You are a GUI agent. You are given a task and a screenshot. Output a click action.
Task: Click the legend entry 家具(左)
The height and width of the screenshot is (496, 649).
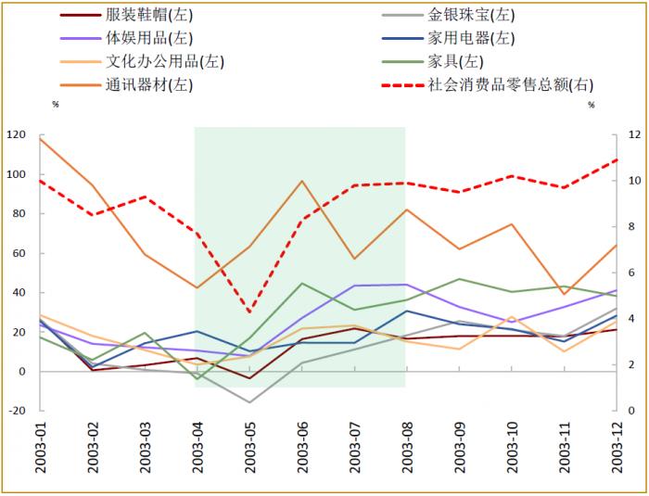(455, 62)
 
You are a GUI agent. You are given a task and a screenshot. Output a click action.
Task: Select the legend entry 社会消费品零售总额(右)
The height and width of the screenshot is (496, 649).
(509, 85)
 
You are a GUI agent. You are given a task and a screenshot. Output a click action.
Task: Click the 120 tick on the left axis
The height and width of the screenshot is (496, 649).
(17, 135)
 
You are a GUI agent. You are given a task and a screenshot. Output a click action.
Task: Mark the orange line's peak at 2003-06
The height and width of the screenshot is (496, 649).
(302, 181)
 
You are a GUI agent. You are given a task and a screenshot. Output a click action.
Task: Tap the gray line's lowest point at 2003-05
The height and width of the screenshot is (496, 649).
(249, 402)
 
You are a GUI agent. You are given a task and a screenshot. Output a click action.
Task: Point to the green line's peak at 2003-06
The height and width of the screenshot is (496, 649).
(302, 283)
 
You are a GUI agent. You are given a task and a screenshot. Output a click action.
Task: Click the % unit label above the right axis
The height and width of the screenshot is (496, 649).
(592, 105)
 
